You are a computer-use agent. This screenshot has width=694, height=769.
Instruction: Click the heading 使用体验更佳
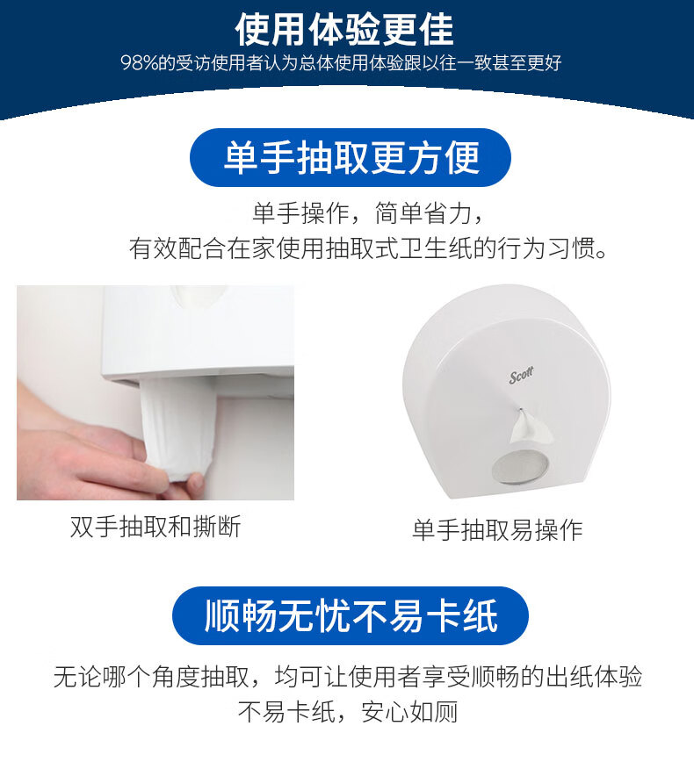coord(344,30)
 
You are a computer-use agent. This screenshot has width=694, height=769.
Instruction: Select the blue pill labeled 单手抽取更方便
coord(351,157)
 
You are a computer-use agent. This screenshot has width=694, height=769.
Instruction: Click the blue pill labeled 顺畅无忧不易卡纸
coord(351,615)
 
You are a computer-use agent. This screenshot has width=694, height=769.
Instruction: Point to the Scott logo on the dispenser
coord(521,375)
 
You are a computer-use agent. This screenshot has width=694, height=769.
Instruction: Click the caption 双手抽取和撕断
coord(155,528)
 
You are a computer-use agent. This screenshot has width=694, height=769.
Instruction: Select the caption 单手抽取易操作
coord(497,530)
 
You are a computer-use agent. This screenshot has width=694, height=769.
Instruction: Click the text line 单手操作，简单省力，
coord(369,213)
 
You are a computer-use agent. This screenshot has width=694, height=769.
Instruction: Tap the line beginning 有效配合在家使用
coord(368,248)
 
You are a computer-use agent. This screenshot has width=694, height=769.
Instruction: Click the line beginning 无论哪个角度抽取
coord(348,677)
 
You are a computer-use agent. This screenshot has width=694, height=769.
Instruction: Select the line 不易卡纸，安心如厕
coord(348,712)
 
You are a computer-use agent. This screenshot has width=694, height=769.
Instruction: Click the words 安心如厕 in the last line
coord(409,712)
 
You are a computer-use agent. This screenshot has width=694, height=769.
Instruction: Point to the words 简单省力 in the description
coord(423,213)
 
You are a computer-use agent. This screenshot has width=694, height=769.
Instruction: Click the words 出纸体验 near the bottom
coord(594,677)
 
